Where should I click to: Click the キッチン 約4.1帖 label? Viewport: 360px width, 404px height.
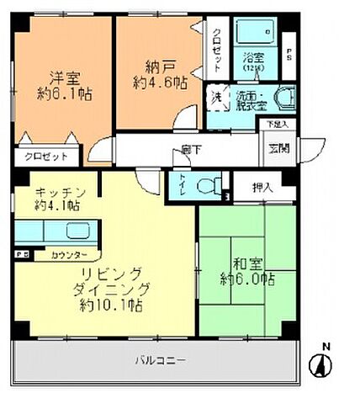click(56, 198)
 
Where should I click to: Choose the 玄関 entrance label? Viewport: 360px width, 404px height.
click(277, 149)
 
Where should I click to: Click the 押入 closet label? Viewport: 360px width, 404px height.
click(262, 186)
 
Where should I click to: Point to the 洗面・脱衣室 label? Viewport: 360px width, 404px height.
click(253, 102)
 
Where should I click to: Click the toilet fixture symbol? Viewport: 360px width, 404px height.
click(206, 184)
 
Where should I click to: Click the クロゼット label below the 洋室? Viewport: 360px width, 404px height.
click(39, 157)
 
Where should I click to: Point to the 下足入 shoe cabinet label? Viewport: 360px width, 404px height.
click(276, 125)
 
